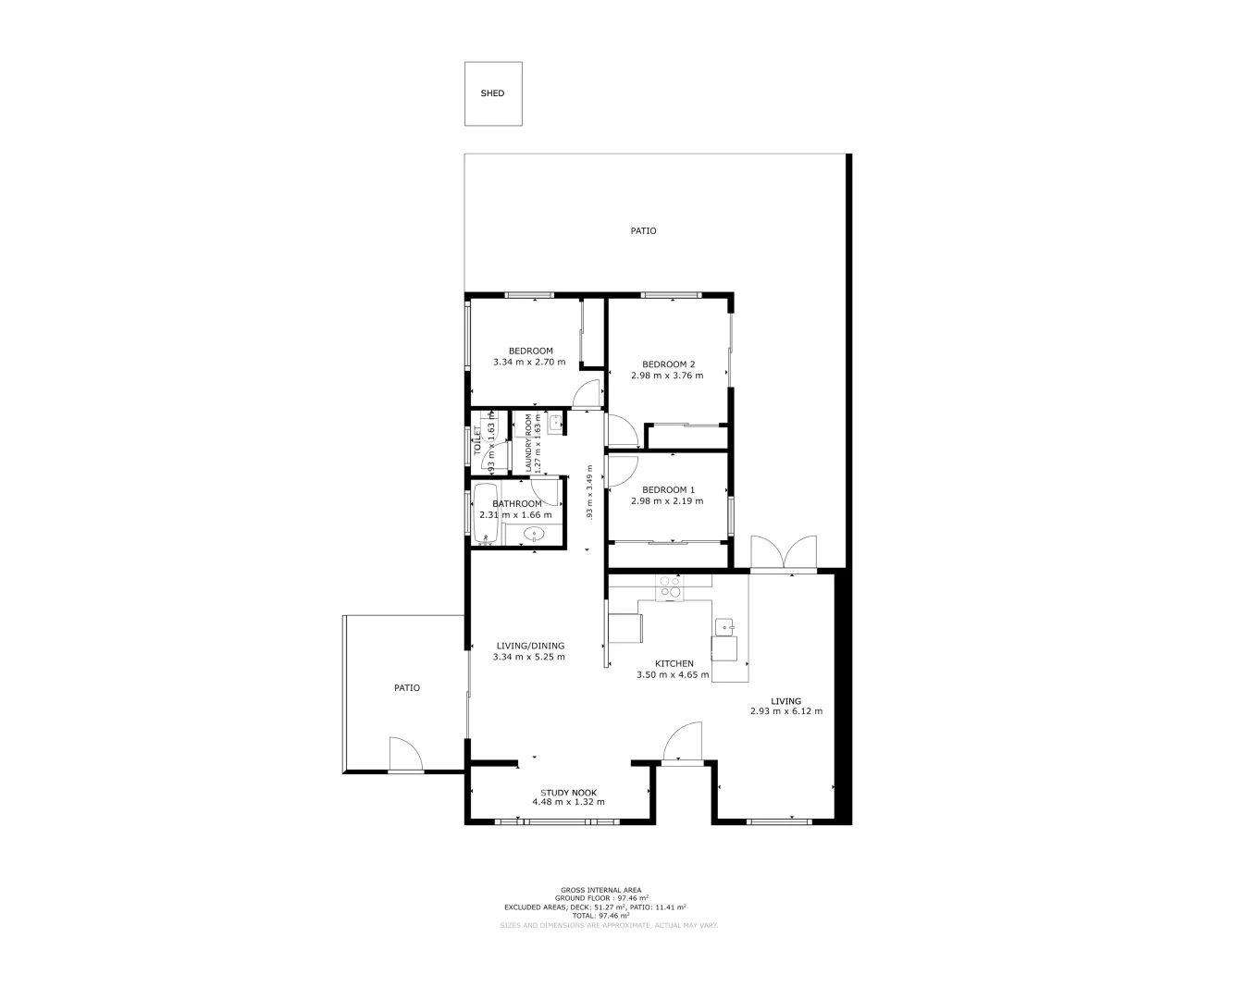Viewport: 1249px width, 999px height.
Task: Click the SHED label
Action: coord(492,93)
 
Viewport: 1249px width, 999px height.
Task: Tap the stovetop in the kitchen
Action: coord(669,587)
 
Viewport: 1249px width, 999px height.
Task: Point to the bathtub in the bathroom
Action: coord(486,514)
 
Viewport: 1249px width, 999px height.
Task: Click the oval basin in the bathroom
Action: coord(534,535)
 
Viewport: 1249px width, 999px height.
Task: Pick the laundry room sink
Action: coord(555,424)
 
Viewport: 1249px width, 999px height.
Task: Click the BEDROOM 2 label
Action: coord(668,364)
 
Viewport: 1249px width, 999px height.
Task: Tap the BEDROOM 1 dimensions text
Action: coord(666,501)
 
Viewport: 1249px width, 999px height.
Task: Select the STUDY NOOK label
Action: coord(568,793)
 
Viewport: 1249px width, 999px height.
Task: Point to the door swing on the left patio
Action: coord(404,753)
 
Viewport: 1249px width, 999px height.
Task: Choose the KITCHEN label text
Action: coord(674,663)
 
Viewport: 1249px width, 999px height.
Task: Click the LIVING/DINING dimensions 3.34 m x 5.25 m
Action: coord(529,657)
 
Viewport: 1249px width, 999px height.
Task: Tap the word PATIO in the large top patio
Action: coord(643,230)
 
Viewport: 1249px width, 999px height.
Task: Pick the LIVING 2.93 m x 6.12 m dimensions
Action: coord(785,711)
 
